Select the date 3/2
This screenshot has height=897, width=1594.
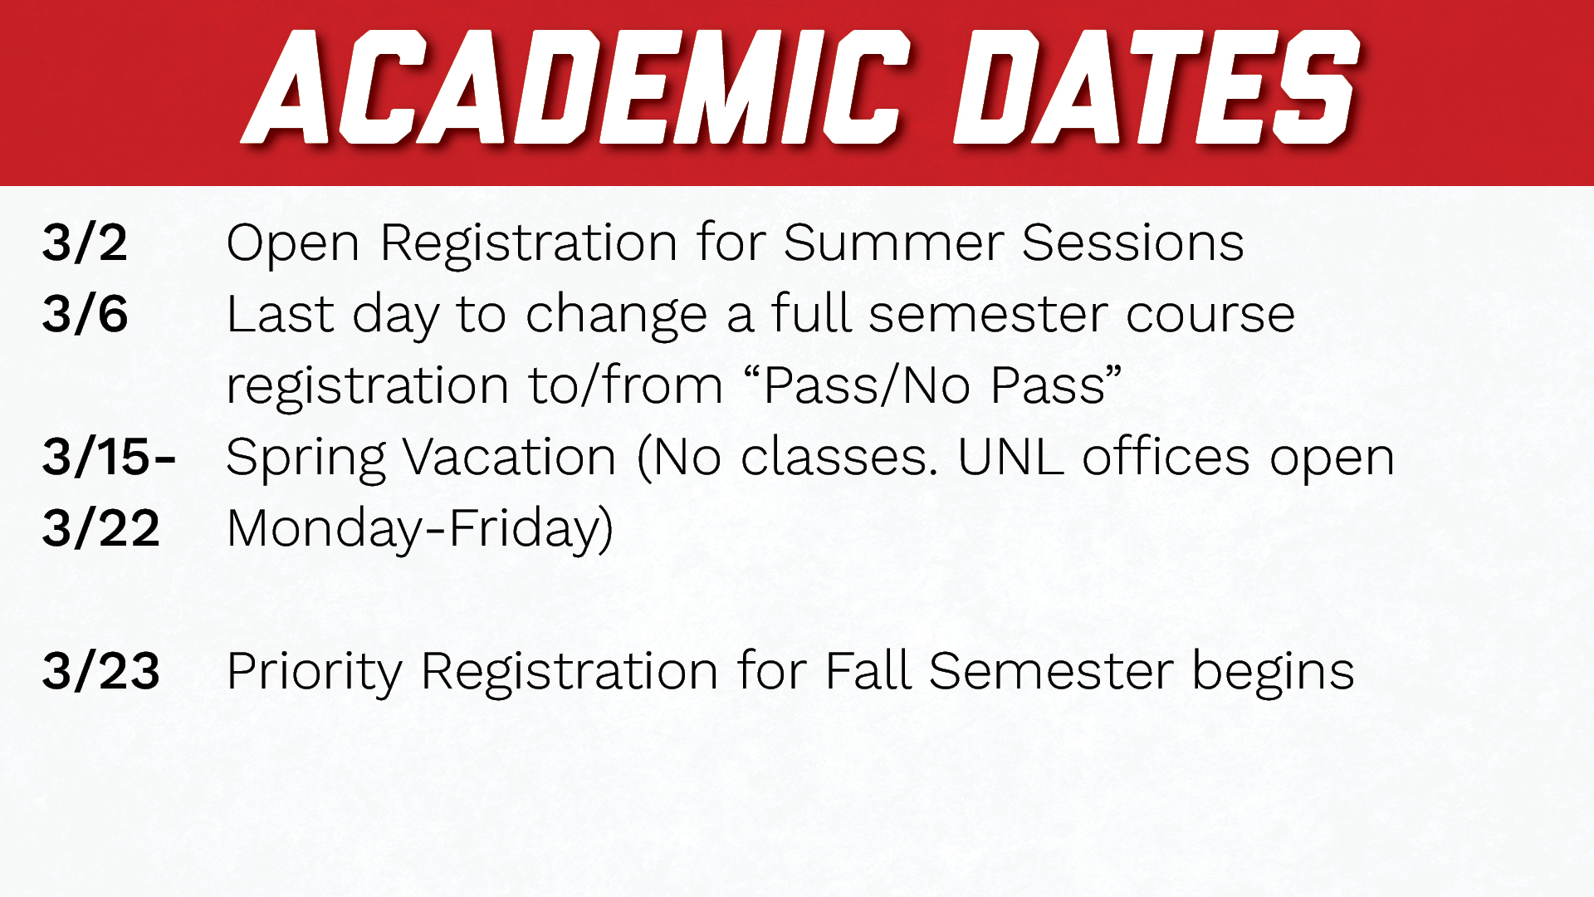85,243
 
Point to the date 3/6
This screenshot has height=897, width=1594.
85,315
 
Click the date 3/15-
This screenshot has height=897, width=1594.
109,457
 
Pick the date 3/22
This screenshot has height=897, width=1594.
100,528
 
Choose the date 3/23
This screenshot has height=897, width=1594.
100,671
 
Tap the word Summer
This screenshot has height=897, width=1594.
892,243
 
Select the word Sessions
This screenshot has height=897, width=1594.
1132,243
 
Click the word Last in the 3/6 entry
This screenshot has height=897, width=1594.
280,315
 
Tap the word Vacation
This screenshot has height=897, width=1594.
510,458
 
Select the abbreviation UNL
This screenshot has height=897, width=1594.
1010,457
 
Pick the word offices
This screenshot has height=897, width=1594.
1166,457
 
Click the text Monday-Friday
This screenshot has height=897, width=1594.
419,530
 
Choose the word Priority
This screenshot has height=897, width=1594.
314,673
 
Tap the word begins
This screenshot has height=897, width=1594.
1273,673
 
